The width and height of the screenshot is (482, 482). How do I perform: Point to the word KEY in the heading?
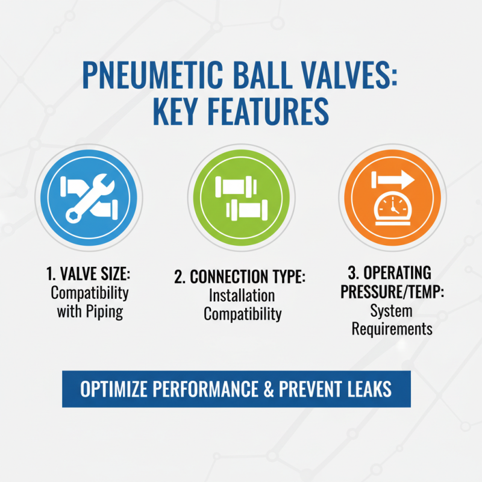(x=179, y=113)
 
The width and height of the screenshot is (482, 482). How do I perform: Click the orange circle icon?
(x=393, y=197)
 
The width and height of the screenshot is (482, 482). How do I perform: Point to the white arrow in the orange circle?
(x=393, y=179)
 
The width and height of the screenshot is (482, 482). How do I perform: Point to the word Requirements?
(x=392, y=329)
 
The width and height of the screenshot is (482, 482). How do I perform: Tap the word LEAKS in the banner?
(x=366, y=389)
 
